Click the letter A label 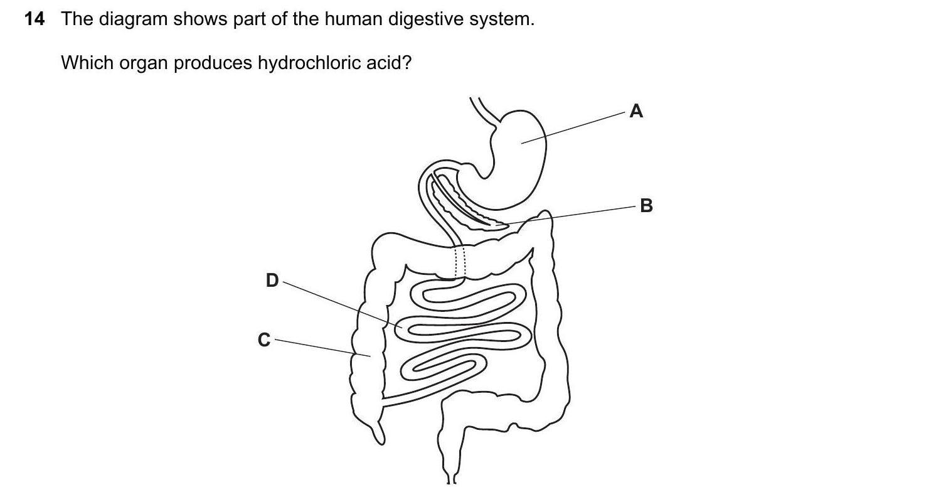tap(636, 112)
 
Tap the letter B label tap(646, 206)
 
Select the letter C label tap(264, 340)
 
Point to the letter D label tap(272, 281)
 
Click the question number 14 tap(35, 19)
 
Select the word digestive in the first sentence tap(423, 19)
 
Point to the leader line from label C tap(314, 347)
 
